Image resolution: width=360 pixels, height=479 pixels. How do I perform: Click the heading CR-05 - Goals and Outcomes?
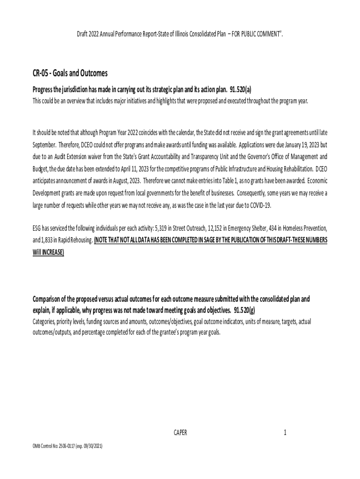(70, 73)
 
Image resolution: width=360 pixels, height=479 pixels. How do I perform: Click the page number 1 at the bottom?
(285, 433)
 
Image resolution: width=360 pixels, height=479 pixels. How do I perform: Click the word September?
(43, 145)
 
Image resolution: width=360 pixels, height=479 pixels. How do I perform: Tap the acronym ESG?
(37, 228)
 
